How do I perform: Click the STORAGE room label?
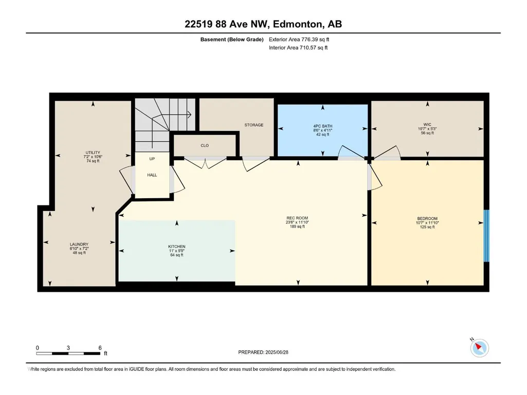click(254, 125)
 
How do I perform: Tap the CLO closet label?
click(205, 145)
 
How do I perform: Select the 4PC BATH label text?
click(323, 126)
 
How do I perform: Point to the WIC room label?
click(427, 124)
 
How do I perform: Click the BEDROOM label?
click(427, 218)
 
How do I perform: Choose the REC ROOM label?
click(297, 218)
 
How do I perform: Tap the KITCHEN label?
click(177, 247)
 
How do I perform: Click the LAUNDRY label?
click(79, 244)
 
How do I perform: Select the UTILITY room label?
click(93, 153)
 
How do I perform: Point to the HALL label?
click(152, 175)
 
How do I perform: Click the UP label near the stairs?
click(152, 159)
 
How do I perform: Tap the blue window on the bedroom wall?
click(486, 236)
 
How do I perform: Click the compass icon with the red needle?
click(479, 348)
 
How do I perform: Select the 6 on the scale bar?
click(100, 348)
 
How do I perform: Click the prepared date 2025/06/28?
click(277, 352)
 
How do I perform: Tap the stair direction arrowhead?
click(189, 115)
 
